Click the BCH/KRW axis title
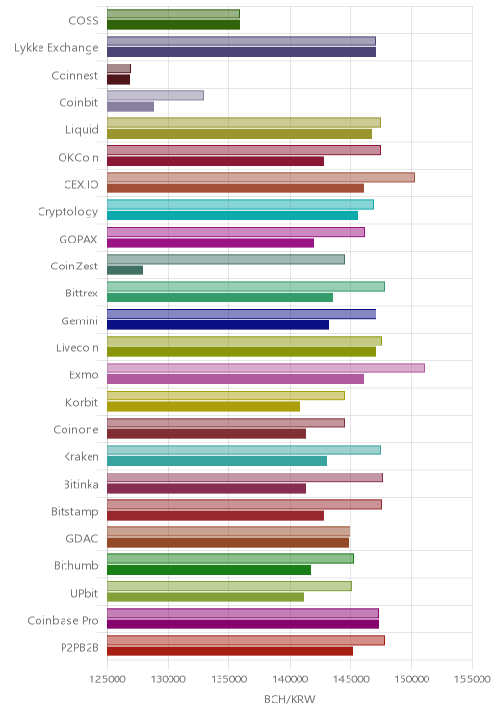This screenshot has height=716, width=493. point(289,699)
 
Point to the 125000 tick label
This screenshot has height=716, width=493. point(108,679)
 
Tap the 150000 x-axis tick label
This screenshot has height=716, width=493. point(411,679)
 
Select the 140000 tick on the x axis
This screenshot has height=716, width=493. point(290,679)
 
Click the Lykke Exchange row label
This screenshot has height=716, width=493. point(56,48)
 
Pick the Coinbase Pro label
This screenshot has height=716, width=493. point(63,620)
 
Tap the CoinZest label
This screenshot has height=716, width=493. point(74,267)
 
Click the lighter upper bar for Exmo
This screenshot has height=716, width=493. point(266,368)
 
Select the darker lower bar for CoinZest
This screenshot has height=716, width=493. point(125,269)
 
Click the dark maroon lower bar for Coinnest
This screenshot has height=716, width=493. point(118,80)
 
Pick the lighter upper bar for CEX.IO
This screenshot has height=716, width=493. point(261,177)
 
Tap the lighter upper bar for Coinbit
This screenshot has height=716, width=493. point(155,95)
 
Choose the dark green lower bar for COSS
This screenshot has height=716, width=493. point(173,25)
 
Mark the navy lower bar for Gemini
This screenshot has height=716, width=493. point(218,324)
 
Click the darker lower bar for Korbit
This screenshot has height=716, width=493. point(204,406)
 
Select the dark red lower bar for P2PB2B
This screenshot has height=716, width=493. point(230,652)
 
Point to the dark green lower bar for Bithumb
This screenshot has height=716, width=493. point(209,570)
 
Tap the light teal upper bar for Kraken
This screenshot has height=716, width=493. point(244,449)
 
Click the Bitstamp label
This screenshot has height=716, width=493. point(74,511)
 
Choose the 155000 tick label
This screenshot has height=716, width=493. point(472,679)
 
